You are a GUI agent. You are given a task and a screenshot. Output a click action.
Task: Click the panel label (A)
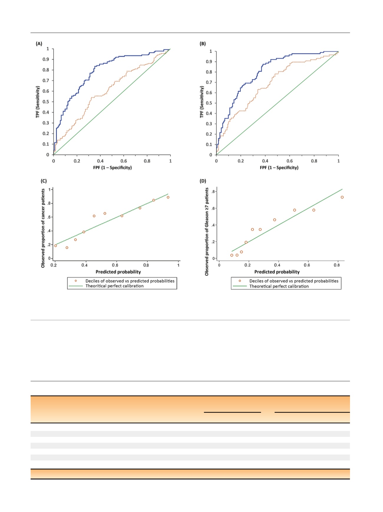point(39,44)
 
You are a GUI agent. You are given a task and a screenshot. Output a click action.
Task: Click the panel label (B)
point(203,44)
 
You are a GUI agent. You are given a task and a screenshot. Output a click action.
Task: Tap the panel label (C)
point(44,181)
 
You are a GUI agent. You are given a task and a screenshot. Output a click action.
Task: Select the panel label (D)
point(203,181)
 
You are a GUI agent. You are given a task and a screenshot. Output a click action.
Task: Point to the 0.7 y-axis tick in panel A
point(46,81)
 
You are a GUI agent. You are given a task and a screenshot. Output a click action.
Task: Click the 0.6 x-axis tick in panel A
point(124,161)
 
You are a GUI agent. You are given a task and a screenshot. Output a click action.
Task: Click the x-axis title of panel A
point(112,167)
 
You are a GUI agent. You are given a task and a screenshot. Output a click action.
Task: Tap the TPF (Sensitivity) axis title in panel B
point(202,102)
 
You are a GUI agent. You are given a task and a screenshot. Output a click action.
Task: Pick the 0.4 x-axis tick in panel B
point(265,161)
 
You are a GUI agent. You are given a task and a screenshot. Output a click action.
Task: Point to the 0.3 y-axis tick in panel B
point(209,124)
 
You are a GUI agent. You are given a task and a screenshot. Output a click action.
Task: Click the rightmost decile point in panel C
point(168,197)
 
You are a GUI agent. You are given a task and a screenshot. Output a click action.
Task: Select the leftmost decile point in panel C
point(55,246)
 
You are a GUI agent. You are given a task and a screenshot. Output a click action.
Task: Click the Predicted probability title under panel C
point(118,272)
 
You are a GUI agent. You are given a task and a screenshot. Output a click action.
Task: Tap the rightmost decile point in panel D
point(342,197)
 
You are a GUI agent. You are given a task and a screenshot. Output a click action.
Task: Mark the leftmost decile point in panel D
point(232,255)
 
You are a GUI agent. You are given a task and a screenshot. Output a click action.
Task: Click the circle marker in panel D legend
point(240,281)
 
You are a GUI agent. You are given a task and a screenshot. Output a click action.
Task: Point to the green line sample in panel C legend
point(76,286)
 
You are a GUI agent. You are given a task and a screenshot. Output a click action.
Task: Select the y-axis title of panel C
point(43,228)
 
